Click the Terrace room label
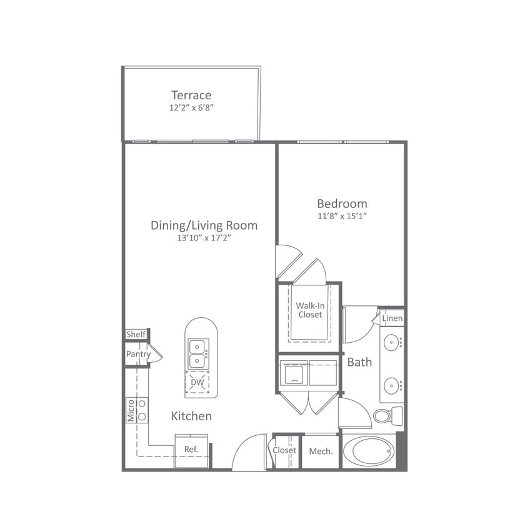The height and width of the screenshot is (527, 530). coord(191,96)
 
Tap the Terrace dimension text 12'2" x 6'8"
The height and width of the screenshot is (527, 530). coord(191,107)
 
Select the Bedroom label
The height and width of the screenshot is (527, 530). coord(342,204)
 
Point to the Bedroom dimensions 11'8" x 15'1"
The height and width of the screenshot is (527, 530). coord(342,216)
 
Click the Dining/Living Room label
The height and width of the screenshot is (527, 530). coord(204,225)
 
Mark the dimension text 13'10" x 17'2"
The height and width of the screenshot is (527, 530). coord(204,238)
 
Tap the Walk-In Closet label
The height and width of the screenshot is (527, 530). coord(310,310)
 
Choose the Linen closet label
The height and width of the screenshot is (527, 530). coord(392,319)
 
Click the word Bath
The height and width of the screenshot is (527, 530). coord(359,362)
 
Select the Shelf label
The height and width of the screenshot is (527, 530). coord(136,335)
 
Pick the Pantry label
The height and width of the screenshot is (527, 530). coord(138,354)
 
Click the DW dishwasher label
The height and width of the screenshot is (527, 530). coord(197,382)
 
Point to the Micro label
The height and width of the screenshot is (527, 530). coord(131,410)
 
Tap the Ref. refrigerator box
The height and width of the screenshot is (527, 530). coord(191,450)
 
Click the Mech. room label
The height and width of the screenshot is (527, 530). coord(321,451)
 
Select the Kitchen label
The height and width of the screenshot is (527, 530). coord(192,416)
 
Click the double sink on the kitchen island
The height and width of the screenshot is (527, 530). coord(198,354)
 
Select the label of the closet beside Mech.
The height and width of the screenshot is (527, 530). coord(284,450)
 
